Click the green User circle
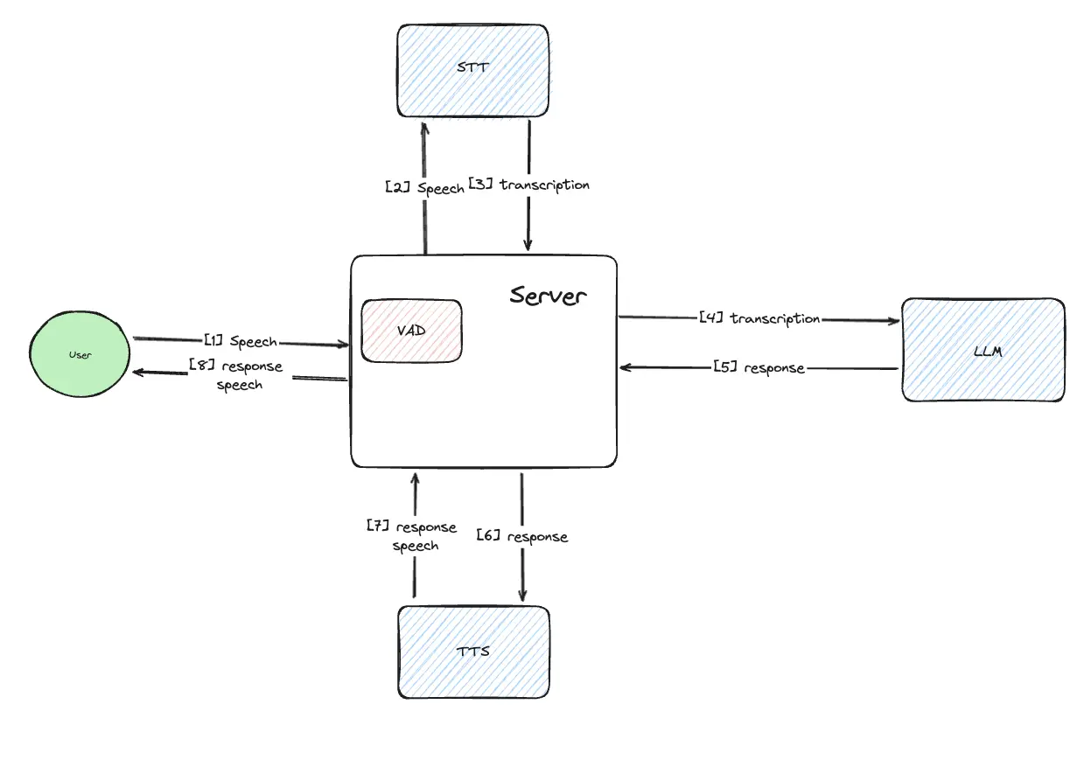80,355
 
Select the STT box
473,71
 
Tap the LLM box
983,351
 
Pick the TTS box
473,652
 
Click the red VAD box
411,331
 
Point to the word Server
548,295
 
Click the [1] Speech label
241,341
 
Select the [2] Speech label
424,187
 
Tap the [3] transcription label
529,185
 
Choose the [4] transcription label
759,318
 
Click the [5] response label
759,368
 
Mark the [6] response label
522,536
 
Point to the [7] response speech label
412,536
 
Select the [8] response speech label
237,374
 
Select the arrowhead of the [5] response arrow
625,368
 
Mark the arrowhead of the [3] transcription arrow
528,245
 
